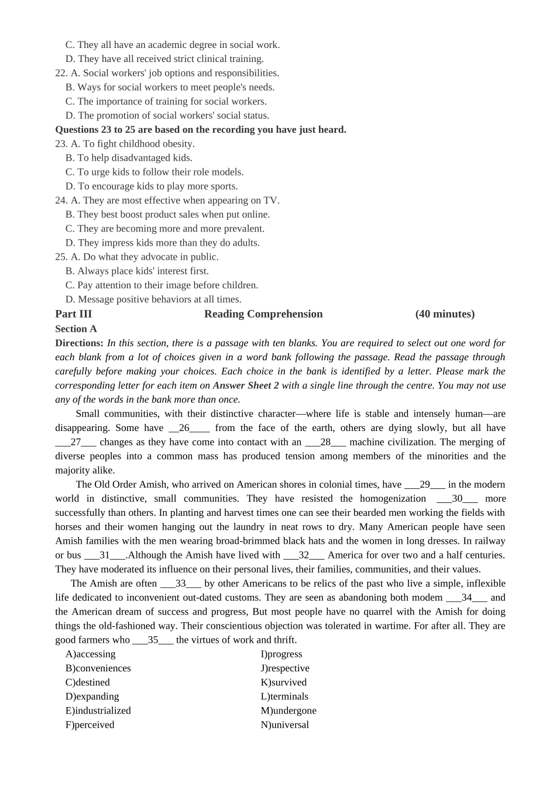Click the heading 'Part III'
point(73,314)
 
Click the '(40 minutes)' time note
point(445,314)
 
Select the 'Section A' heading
point(76,329)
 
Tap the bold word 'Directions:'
point(79,343)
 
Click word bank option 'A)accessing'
point(91,654)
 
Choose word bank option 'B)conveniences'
point(98,668)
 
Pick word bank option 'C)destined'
point(88,682)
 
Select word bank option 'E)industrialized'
point(98,711)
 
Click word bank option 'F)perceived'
point(90,725)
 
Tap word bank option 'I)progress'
point(282,654)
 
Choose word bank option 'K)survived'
point(284,682)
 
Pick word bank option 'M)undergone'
point(289,711)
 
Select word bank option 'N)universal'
point(285,725)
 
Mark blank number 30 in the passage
point(457,499)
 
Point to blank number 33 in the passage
point(181,584)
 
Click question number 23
point(61,144)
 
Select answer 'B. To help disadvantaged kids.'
point(129,158)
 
